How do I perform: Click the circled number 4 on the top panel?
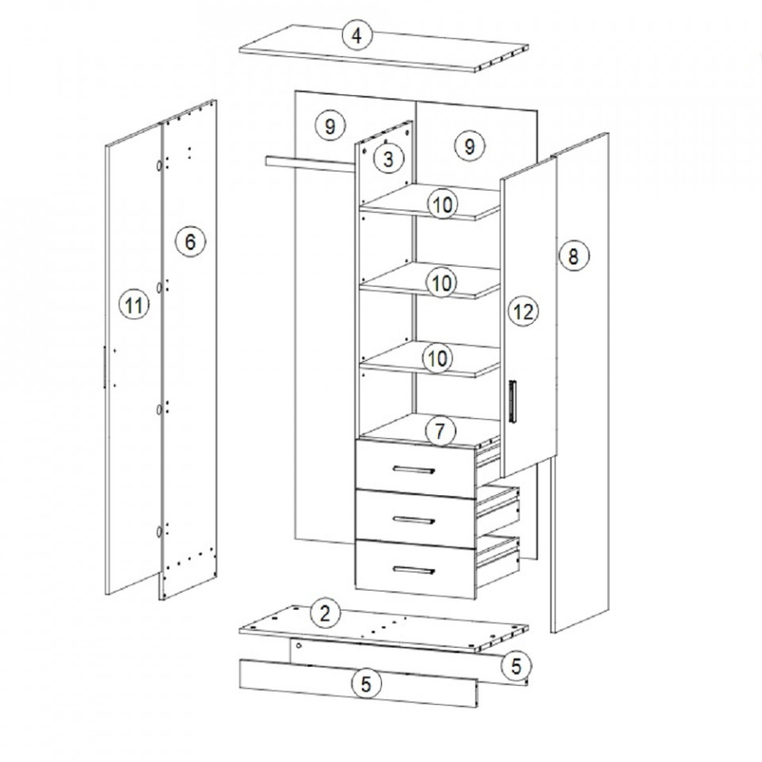357,35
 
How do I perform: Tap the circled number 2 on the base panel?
325,614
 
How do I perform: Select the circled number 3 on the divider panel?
389,159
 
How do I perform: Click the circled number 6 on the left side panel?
190,241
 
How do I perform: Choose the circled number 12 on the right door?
523,311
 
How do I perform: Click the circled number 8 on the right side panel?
573,256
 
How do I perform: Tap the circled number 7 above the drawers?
440,431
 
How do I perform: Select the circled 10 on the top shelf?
443,205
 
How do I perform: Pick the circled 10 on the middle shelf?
441,283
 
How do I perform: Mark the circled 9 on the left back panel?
330,126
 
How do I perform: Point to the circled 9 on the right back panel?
469,146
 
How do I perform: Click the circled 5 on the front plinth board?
366,684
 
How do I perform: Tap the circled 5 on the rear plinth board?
516,665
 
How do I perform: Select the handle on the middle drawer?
414,520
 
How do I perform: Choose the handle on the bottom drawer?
414,570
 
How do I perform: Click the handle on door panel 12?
513,401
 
